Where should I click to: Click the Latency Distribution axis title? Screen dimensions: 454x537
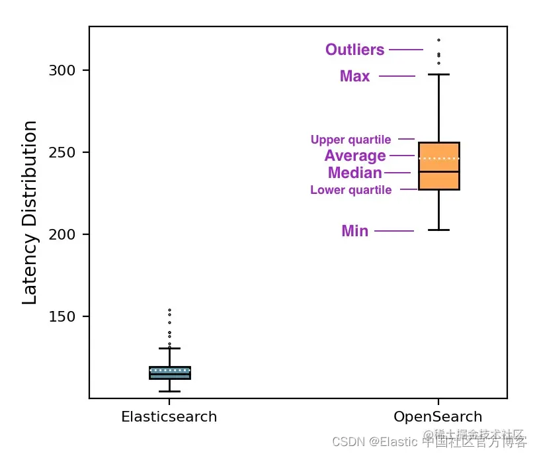(30, 212)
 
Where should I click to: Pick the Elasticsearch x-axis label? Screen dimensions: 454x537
(169, 417)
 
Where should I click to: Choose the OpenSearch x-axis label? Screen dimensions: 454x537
(438, 417)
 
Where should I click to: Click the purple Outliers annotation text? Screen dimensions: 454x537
(354, 50)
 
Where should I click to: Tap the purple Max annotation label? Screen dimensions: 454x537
(355, 77)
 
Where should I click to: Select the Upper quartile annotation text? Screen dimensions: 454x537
(351, 140)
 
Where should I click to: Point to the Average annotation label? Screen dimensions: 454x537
(355, 156)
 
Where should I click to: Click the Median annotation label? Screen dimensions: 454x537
(355, 173)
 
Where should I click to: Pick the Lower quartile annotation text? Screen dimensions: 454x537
(351, 191)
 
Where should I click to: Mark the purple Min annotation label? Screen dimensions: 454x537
(355, 232)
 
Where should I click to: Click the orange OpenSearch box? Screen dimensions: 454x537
(439, 165)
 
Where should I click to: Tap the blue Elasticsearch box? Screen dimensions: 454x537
(170, 373)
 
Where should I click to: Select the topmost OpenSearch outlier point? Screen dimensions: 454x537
(438, 40)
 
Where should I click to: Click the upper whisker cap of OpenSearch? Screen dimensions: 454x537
(439, 75)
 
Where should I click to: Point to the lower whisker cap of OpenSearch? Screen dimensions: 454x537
(439, 230)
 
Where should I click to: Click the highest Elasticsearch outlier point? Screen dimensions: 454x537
(169, 310)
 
